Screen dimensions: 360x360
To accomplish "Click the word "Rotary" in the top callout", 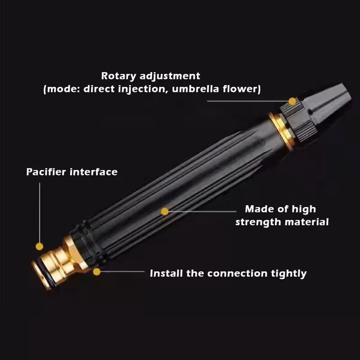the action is click(118, 76).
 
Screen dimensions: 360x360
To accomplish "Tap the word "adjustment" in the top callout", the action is click(170, 76).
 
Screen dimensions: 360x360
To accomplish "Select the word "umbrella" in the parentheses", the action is click(195, 89).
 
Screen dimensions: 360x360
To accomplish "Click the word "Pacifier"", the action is click(46, 172).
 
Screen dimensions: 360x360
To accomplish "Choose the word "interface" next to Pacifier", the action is click(94, 172).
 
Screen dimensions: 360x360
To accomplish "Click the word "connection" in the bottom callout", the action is click(237, 274).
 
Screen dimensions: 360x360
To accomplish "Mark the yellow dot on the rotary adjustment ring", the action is click(292, 101).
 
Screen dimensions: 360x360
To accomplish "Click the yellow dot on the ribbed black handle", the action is click(165, 211).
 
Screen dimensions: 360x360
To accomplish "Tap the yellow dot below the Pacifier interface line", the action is click(40, 247).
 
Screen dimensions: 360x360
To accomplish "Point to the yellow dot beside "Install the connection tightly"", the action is click(97, 272).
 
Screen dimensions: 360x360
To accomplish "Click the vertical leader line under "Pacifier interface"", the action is click(40, 212).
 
